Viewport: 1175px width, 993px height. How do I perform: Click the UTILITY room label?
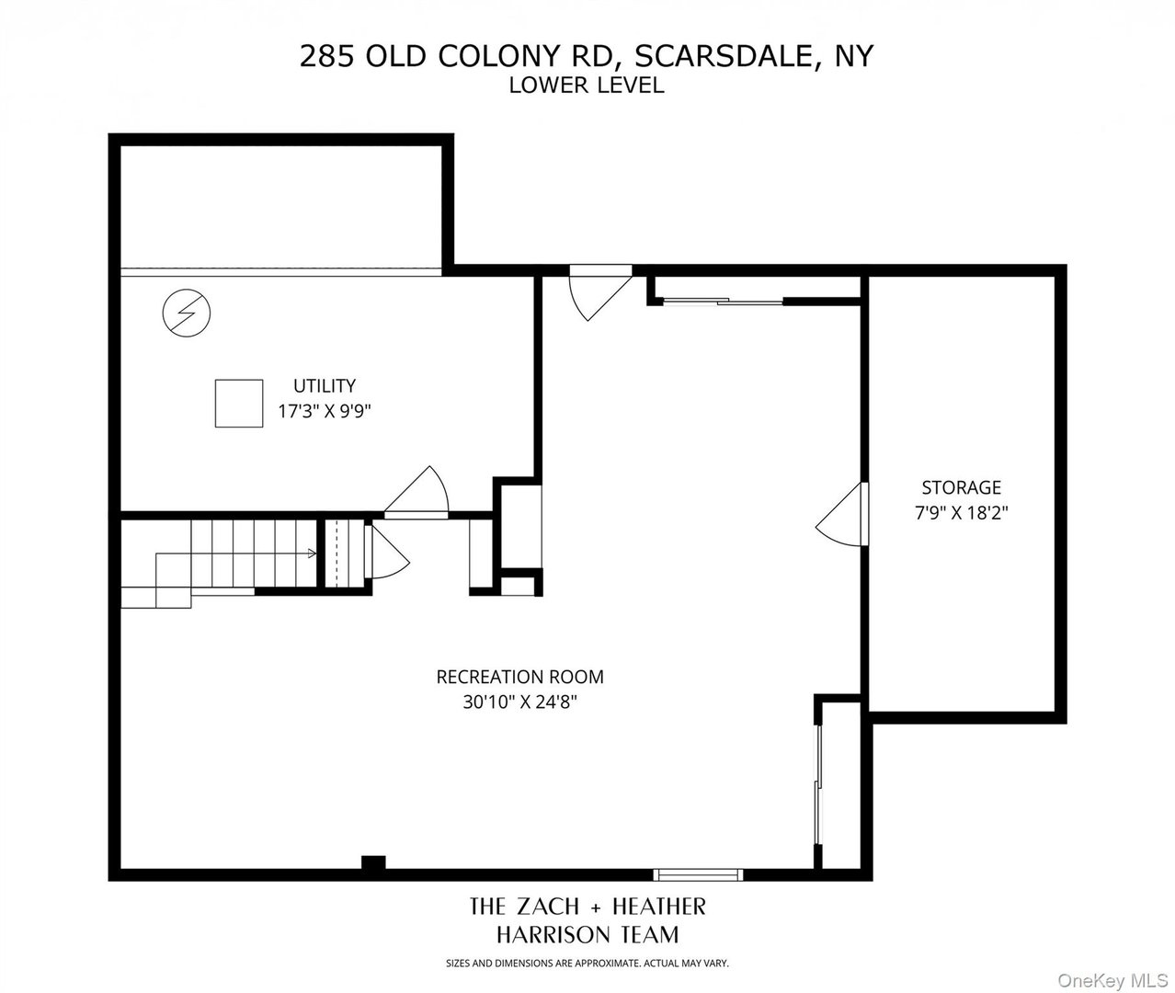click(x=324, y=386)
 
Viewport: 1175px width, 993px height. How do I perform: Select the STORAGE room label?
click(x=961, y=487)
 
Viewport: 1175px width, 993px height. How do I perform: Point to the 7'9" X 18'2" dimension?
click(x=961, y=513)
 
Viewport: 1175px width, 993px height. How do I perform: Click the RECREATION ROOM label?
click(x=519, y=678)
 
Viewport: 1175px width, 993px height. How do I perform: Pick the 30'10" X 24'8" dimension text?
click(x=519, y=702)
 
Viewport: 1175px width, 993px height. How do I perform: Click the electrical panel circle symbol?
click(x=186, y=314)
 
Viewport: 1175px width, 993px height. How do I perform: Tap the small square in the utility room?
click(x=238, y=403)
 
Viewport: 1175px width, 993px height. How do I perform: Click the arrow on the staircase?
click(x=311, y=554)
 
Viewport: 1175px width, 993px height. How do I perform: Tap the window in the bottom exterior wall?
click(x=697, y=874)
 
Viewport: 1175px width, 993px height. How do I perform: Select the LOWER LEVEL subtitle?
click(x=587, y=86)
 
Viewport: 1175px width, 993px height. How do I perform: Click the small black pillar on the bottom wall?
click(x=372, y=864)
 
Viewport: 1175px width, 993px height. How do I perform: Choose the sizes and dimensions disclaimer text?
click(x=587, y=964)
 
